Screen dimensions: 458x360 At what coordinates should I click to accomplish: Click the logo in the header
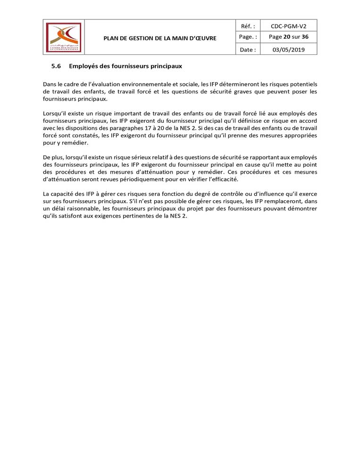63,37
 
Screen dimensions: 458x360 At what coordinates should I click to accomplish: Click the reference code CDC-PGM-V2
288,25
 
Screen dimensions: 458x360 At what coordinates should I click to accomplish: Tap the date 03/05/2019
288,49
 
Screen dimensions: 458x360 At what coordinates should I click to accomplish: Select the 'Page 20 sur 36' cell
288,37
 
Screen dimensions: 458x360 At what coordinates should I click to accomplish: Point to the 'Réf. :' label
248,25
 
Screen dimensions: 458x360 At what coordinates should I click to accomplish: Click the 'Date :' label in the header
248,49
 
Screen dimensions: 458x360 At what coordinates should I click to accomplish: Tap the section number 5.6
56,66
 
